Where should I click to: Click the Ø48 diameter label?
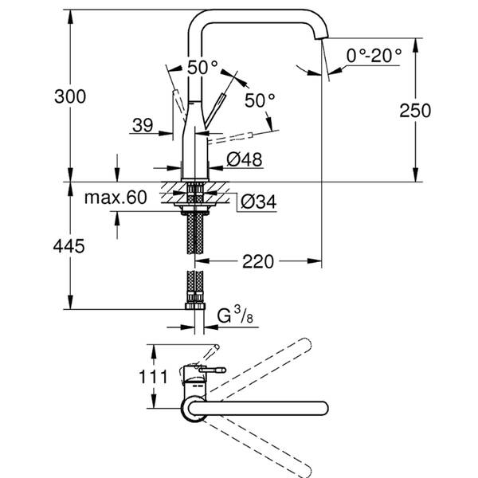[244, 159]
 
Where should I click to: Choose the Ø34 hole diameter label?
[257, 202]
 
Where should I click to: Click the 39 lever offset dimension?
[143, 124]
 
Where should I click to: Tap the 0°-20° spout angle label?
[374, 55]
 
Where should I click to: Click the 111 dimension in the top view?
[156, 377]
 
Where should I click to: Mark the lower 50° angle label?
[260, 100]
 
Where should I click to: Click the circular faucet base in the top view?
[194, 409]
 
